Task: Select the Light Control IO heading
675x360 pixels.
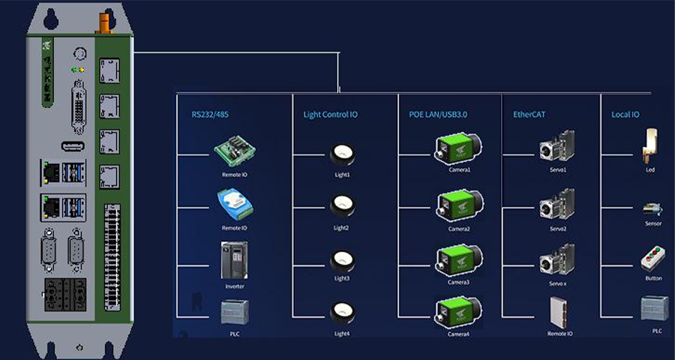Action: tap(330, 115)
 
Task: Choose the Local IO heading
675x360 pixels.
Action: tap(625, 115)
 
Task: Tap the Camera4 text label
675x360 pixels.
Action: tap(459, 334)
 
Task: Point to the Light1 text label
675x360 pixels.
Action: tap(342, 175)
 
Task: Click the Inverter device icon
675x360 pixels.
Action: tap(234, 259)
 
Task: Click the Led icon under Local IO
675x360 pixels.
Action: tap(649, 143)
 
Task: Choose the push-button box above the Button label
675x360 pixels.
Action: tap(652, 259)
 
